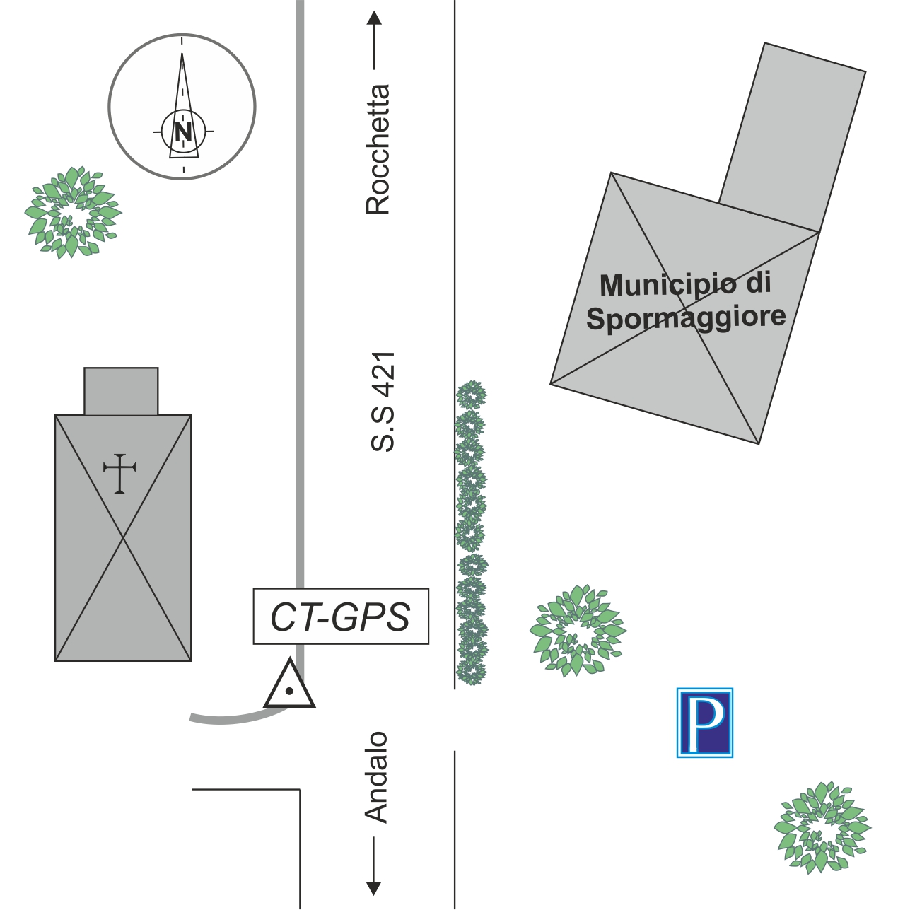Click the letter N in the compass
click(x=183, y=132)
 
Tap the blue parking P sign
click(x=705, y=723)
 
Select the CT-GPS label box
click(x=341, y=617)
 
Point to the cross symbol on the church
click(x=119, y=473)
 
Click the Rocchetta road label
click(x=378, y=149)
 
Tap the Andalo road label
click(x=376, y=777)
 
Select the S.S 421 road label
click(x=383, y=402)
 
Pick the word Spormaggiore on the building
click(x=686, y=317)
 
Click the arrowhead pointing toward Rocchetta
click(x=374, y=18)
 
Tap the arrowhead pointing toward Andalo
click(x=374, y=889)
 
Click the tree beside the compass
click(x=72, y=212)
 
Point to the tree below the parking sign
click(x=822, y=827)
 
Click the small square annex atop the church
click(x=121, y=391)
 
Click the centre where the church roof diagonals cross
click(x=123, y=538)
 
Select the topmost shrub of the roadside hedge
click(x=471, y=395)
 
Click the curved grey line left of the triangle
click(x=233, y=718)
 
